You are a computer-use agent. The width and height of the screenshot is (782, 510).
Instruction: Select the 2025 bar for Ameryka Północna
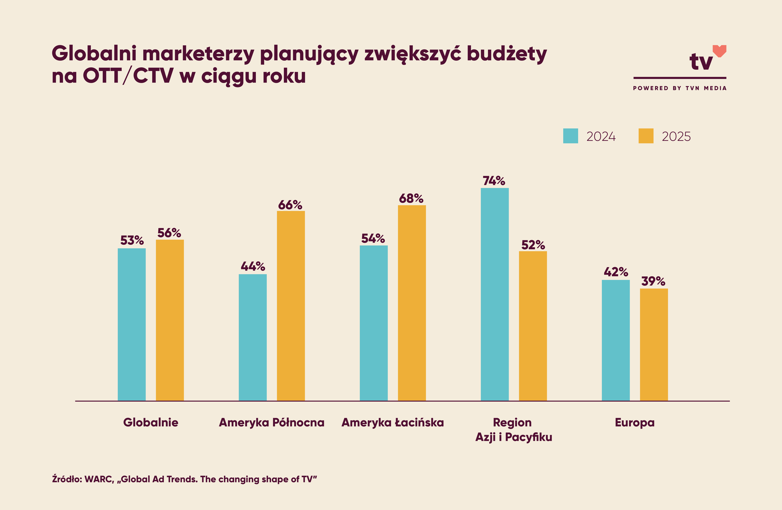291,305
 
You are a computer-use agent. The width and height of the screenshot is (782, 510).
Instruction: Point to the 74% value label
494,181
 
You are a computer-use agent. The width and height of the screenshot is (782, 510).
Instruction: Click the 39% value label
653,281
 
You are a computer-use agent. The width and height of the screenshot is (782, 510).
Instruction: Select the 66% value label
290,205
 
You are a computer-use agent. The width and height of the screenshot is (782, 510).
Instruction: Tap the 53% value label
132,240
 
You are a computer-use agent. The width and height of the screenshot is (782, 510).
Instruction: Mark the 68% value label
411,198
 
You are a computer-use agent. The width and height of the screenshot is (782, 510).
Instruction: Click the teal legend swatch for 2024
570,136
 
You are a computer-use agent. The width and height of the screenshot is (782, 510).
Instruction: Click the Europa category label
634,422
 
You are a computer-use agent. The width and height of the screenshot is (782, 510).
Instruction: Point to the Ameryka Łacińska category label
393,422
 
